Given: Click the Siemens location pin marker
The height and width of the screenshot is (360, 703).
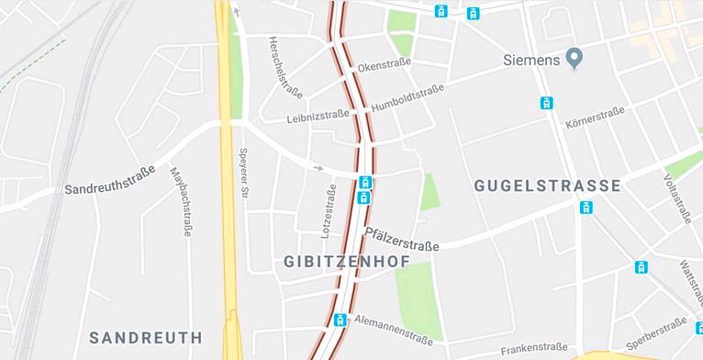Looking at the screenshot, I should click(575, 60).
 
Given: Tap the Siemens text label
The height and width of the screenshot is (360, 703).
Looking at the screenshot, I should click(531, 61).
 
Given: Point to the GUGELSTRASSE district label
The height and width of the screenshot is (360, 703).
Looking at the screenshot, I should click(547, 186).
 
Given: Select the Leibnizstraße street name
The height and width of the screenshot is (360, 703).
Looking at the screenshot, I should click(318, 116).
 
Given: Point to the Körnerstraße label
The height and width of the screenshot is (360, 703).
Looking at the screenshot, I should click(595, 117).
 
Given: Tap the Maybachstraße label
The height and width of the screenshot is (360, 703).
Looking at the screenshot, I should click(181, 200).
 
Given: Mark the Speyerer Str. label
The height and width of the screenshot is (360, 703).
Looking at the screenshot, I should click(244, 174).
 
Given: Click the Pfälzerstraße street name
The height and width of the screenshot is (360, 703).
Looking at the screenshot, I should click(401, 240).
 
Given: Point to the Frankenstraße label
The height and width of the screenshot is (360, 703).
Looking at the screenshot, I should click(534, 347).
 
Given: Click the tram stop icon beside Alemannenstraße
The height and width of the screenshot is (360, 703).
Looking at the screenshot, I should click(340, 321).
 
